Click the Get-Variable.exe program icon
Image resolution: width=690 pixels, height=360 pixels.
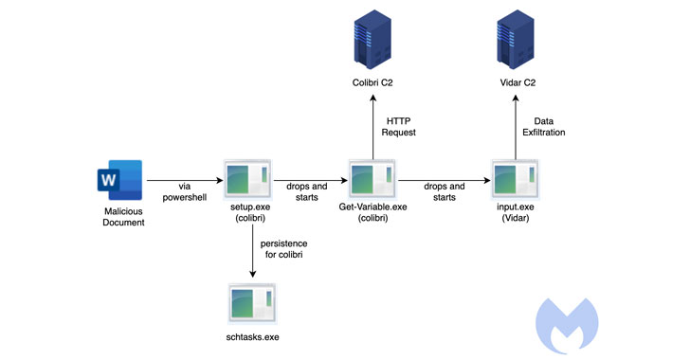tap(372, 180)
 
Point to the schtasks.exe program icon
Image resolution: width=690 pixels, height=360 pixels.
tap(251, 303)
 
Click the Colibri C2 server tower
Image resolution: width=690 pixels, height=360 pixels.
tap(372, 39)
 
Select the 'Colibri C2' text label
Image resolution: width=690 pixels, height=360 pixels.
tap(372, 84)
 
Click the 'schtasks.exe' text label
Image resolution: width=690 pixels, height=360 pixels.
tap(251, 337)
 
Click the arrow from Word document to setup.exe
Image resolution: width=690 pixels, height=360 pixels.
tap(183, 180)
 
